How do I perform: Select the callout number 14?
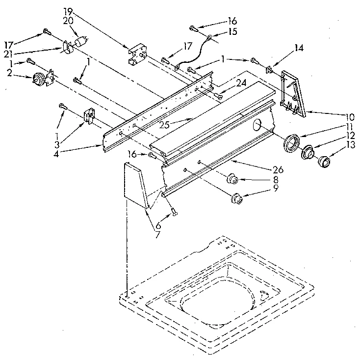click(x=298, y=48)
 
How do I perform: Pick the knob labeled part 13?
click(x=324, y=161)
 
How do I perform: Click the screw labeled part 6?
click(x=173, y=212)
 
